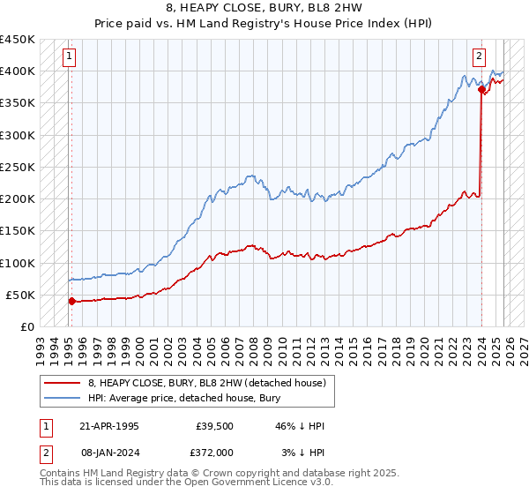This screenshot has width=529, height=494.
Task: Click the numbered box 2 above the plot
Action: coord(479,56)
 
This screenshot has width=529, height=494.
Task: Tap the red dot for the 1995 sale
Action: coord(71,301)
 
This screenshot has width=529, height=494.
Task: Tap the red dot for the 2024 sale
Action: coord(481,89)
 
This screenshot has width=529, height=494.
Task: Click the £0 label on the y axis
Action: coord(26,326)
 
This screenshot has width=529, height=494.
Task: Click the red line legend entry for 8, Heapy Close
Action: coord(207,383)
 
